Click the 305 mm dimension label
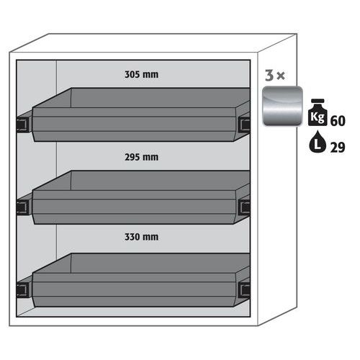pyautogui.click(x=141, y=74)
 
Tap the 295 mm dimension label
pyautogui.click(x=141, y=157)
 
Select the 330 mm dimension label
pyautogui.click(x=141, y=237)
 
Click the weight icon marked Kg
pyautogui.click(x=318, y=112)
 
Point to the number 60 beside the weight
pyautogui.click(x=338, y=120)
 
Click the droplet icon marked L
pyautogui.click(x=318, y=142)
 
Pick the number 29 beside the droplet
pyautogui.click(x=338, y=147)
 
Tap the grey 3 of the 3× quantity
pyautogui.click(x=269, y=75)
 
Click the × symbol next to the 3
pyautogui.click(x=281, y=76)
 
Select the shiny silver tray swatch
pyautogui.click(x=282, y=106)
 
